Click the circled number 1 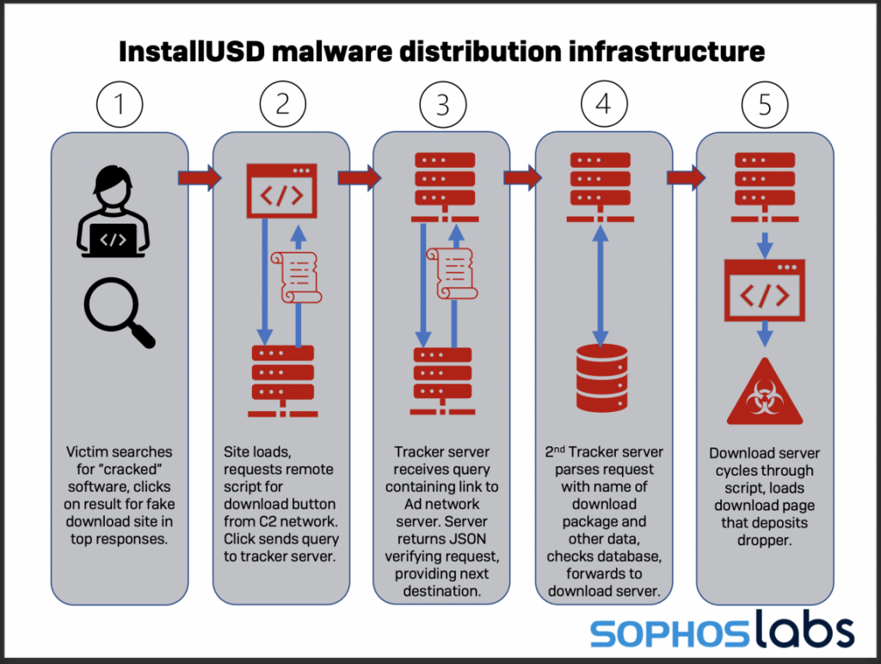(120, 106)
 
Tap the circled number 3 (443, 106)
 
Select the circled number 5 (765, 106)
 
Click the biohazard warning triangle (765, 397)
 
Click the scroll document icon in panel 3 (453, 274)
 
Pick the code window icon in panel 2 (281, 191)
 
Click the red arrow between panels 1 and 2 (199, 178)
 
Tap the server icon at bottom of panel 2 (281, 378)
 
